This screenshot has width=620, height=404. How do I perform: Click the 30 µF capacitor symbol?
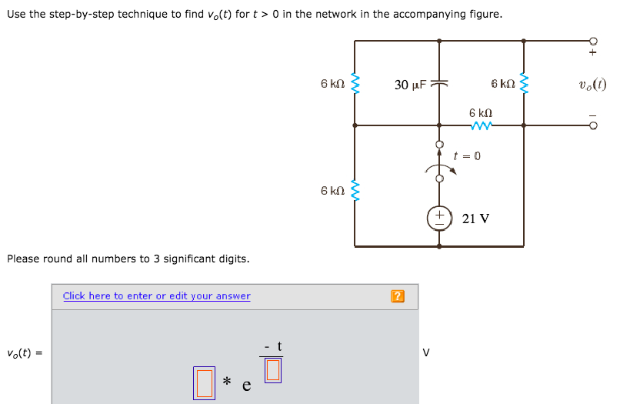pos(439,84)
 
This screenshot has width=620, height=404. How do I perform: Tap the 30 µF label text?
pos(412,85)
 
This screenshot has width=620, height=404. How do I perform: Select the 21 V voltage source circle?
pos(439,218)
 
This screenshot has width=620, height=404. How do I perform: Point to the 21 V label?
pos(475,219)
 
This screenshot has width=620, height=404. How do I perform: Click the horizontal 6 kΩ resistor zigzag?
pos(482,125)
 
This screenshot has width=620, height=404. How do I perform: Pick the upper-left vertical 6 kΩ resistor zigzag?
pos(355,83)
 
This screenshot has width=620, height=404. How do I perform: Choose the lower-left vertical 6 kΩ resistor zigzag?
pos(355,190)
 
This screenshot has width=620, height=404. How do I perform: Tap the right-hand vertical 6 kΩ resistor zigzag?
pos(524,83)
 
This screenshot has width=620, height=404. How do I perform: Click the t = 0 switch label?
pos(467,155)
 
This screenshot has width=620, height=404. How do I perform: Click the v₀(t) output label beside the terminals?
pos(592,85)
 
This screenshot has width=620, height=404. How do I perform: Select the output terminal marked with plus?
pos(592,42)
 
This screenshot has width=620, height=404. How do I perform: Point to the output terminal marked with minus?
pos(592,127)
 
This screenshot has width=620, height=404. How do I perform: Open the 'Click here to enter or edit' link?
pos(156,296)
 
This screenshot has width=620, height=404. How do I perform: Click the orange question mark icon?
pos(397,296)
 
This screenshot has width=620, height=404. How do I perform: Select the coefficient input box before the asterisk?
pos(204,382)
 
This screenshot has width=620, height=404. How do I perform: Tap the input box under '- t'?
pos(273,370)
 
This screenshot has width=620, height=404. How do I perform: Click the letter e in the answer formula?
pos(247,386)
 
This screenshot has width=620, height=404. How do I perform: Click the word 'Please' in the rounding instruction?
pos(24,259)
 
